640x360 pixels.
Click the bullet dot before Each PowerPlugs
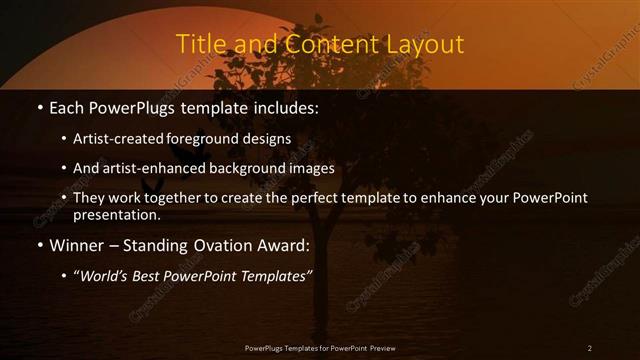(x=38, y=105)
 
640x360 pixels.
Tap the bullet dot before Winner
(x=38, y=245)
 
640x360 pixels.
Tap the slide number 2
(x=590, y=347)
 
